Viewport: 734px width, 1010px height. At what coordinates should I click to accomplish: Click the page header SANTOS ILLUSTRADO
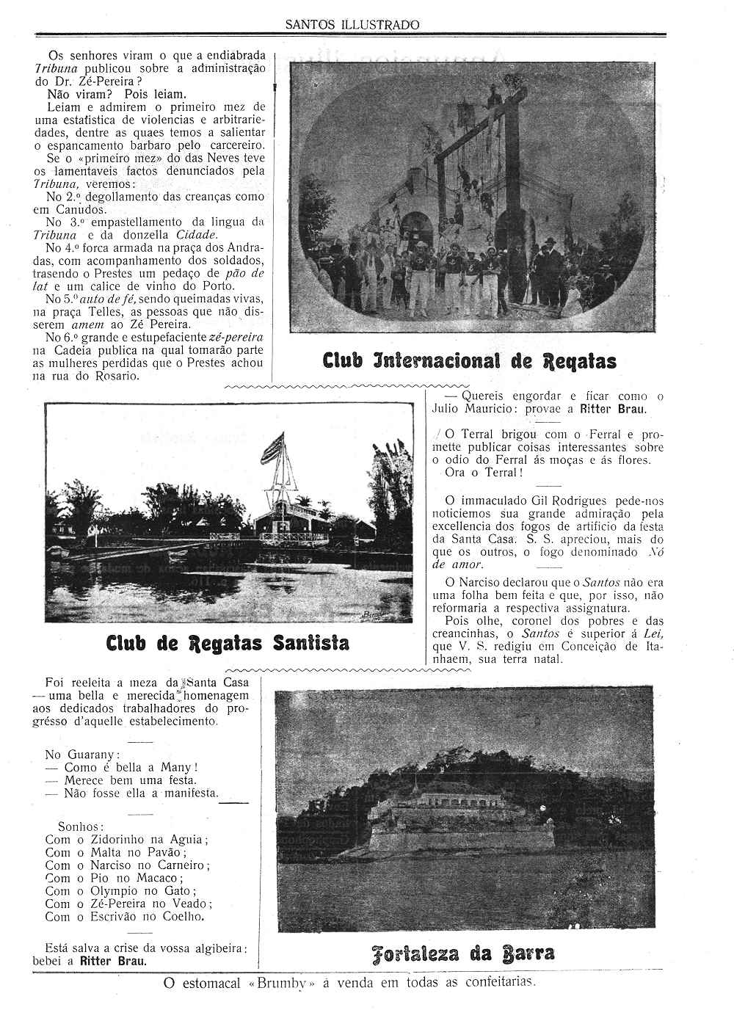[x=352, y=24]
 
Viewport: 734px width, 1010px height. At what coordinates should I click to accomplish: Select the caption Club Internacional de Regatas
[x=470, y=360]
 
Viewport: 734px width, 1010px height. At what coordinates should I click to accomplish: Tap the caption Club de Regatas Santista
[x=228, y=643]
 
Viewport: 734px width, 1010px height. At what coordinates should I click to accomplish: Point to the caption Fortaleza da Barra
[x=462, y=953]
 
